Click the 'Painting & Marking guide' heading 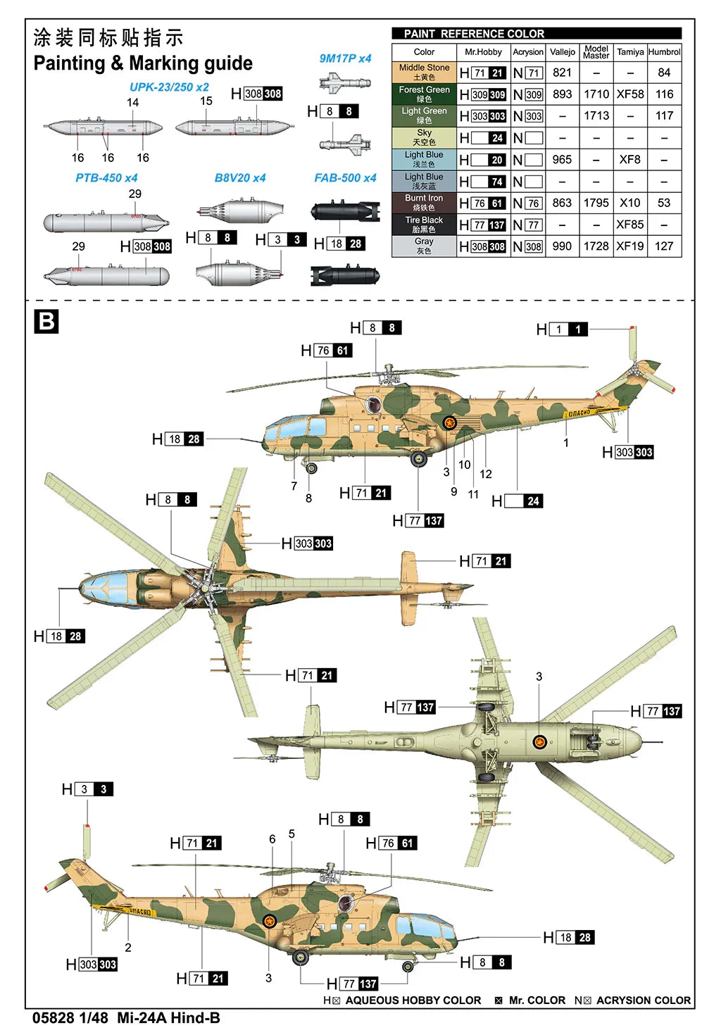click(143, 63)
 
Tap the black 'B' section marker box click(46, 322)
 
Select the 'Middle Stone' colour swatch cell click(424, 73)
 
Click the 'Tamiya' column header click(629, 52)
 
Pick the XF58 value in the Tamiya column click(629, 94)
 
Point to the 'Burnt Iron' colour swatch click(424, 203)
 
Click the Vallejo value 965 click(562, 160)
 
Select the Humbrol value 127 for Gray click(663, 246)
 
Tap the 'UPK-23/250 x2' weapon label click(169, 87)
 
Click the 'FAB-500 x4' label click(345, 178)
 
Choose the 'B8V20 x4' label click(240, 178)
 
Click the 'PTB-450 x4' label click(106, 178)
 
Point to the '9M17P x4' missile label click(345, 58)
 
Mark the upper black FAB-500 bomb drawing click(345, 211)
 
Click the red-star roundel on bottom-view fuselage click(539, 742)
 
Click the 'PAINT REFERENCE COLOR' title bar click(537, 34)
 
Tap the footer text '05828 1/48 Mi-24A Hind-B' click(127, 1018)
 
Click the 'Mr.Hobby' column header click(483, 52)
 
